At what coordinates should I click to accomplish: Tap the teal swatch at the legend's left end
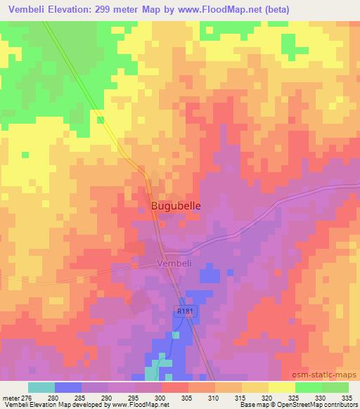tap(41, 387)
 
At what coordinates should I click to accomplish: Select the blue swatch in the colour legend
tap(68, 387)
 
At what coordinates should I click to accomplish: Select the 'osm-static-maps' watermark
tap(330, 376)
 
